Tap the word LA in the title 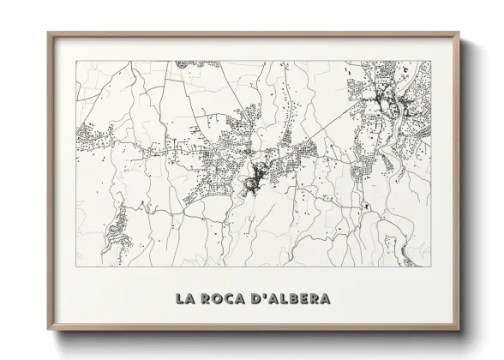pos(184,298)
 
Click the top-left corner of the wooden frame pos(48,33)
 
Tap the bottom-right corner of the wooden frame pos(459,330)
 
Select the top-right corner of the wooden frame pos(459,33)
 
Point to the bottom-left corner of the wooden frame pos(48,330)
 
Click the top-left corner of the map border pos(76,61)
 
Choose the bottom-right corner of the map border pos(430,266)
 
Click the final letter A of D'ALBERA pos(325,298)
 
